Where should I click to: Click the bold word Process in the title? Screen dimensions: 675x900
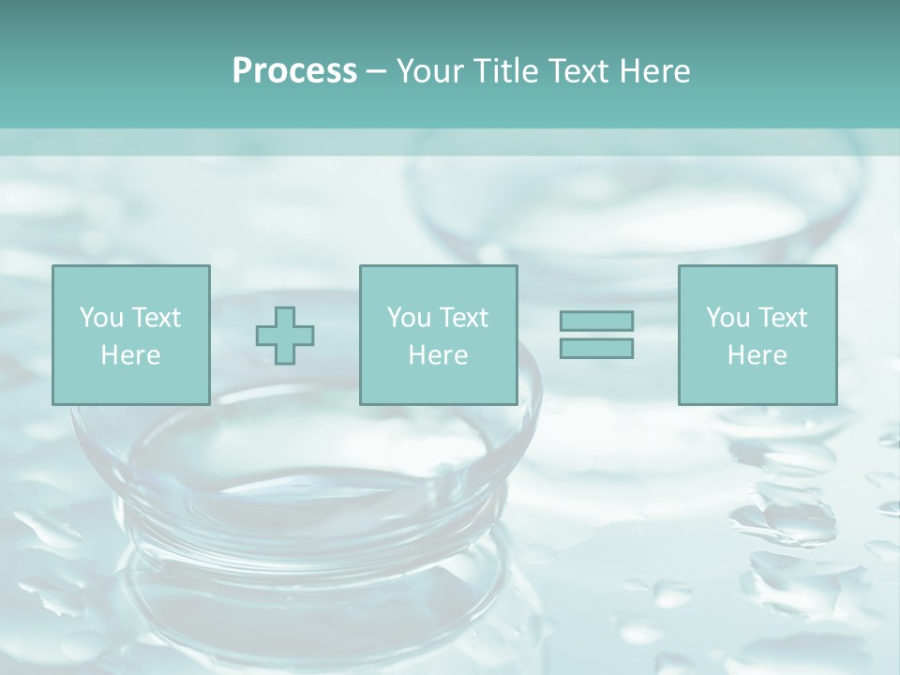pyautogui.click(x=294, y=71)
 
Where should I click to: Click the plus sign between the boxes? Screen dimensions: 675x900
pyautogui.click(x=285, y=336)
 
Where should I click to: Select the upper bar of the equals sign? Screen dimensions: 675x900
pyautogui.click(x=596, y=321)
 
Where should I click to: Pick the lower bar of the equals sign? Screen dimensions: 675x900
pyautogui.click(x=596, y=348)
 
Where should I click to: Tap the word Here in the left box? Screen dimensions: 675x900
pyautogui.click(x=130, y=355)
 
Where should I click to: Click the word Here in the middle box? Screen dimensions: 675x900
pyautogui.click(x=438, y=355)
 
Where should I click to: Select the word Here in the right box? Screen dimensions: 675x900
pyautogui.click(x=757, y=355)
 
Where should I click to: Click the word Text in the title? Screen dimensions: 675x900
pyautogui.click(x=576, y=71)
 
